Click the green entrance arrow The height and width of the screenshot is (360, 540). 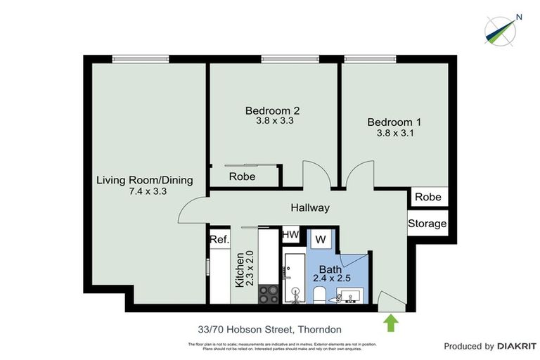(391, 323)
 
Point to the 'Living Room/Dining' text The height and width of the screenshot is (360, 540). (144, 180)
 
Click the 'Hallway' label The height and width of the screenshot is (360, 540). (310, 207)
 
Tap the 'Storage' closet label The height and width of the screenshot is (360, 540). (427, 224)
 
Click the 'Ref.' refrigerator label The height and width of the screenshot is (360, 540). (219, 240)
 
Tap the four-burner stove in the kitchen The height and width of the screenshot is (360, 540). (268, 294)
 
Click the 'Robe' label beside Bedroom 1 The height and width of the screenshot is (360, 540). (427, 197)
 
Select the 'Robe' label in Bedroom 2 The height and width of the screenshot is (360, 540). (242, 176)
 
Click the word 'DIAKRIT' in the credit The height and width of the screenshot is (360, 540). (517, 346)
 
